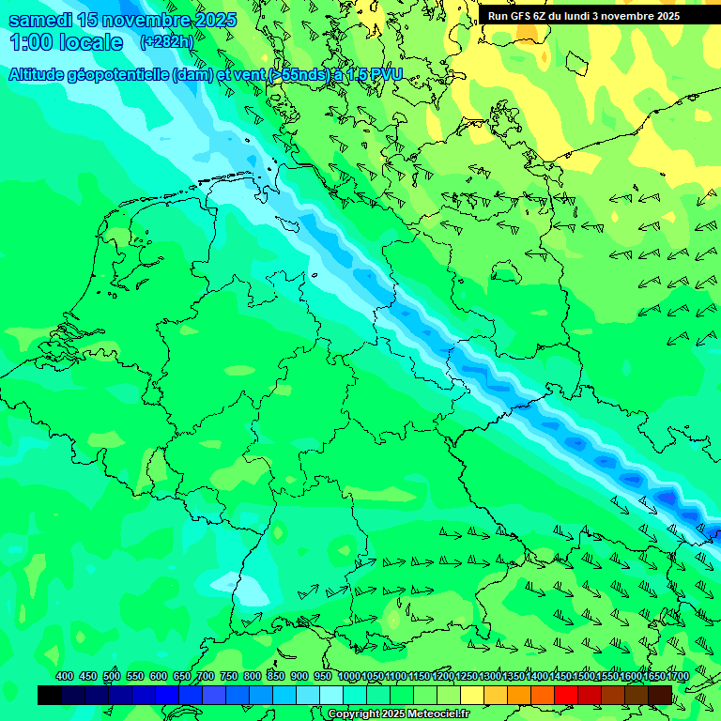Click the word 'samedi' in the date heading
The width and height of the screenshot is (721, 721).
point(41,20)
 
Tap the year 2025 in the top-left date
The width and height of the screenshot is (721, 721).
point(210,20)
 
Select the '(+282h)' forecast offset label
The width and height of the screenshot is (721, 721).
point(168,42)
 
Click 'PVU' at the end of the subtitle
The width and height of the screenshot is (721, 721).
point(385,75)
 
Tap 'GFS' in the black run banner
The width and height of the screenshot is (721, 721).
point(522,16)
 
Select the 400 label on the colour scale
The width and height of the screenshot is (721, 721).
point(65,677)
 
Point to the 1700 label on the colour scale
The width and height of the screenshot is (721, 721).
point(653,677)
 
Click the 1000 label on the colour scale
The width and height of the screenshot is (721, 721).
point(348,677)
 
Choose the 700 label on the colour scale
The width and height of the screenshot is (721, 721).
point(205,677)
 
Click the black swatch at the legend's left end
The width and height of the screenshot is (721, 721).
point(50,695)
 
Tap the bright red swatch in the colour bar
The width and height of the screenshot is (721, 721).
point(566,695)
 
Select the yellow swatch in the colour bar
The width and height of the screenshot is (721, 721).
point(472,695)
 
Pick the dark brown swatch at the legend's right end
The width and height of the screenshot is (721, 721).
point(660,695)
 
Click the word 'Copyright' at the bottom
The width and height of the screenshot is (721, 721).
point(354,714)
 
